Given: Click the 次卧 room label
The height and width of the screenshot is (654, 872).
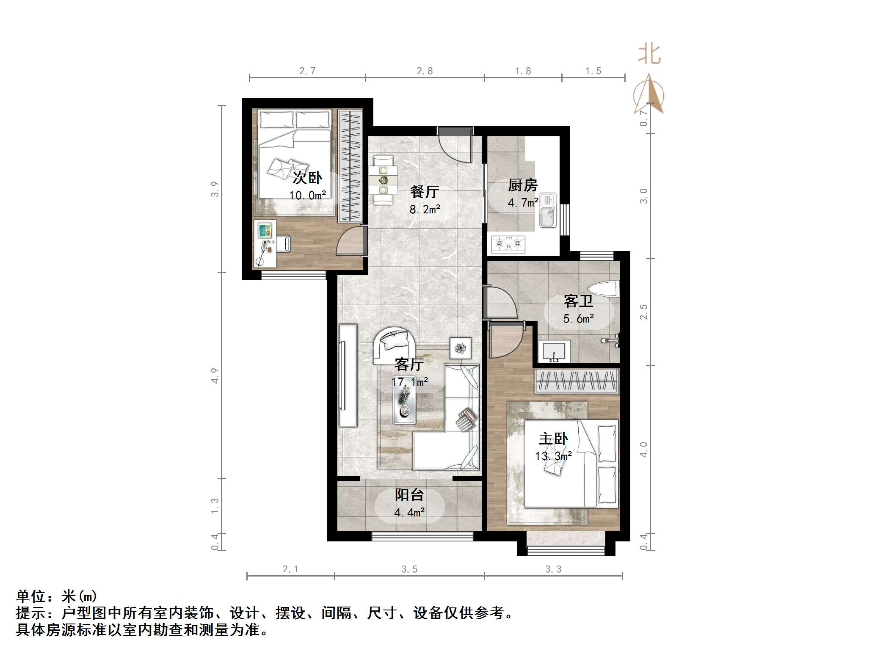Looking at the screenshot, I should click(x=307, y=178).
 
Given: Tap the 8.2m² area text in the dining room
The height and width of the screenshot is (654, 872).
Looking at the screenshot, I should click(x=425, y=209).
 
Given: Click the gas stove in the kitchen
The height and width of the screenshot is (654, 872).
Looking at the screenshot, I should click(x=508, y=245).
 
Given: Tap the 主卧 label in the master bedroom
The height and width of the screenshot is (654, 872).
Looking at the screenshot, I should click(x=553, y=439).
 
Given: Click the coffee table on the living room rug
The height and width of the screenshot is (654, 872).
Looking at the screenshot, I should click(x=404, y=404).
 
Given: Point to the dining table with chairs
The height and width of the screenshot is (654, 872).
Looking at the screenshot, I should click(x=384, y=180).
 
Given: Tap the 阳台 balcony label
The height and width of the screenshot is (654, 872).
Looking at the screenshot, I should click(x=409, y=494).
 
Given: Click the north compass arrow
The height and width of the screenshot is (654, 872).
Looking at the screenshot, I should click(x=648, y=95).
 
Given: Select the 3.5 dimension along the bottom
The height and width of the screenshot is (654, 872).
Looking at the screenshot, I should click(x=409, y=569).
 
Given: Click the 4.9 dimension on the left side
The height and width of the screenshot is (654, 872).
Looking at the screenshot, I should click(x=215, y=375).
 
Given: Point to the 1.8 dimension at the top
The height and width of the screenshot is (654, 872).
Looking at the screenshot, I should click(x=523, y=71).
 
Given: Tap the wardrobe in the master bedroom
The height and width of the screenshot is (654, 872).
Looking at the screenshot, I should click(x=576, y=381).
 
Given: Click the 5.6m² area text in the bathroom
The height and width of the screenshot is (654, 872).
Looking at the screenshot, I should click(x=578, y=318).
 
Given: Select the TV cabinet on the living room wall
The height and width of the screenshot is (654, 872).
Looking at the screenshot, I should click(x=348, y=375).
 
